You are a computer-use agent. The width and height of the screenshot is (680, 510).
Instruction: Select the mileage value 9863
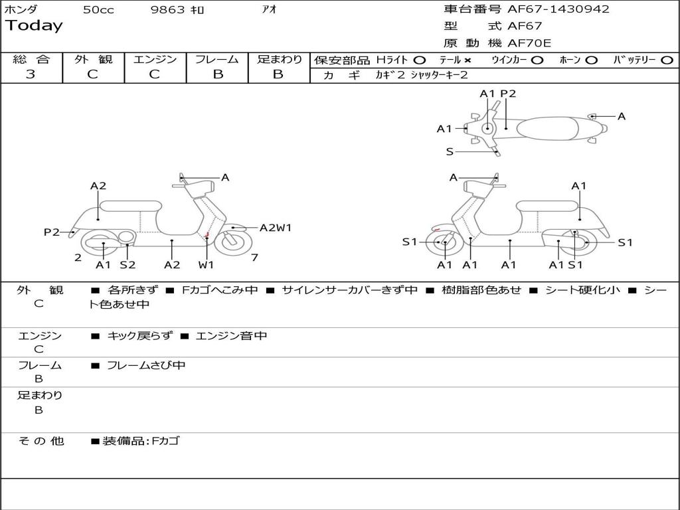click(x=169, y=10)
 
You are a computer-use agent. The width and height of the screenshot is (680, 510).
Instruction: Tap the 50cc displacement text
click(x=98, y=10)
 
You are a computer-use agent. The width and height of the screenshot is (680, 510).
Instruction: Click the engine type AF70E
click(x=529, y=43)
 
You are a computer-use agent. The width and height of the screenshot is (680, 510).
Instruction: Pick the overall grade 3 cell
click(x=31, y=74)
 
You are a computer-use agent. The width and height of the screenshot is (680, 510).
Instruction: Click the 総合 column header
click(x=31, y=59)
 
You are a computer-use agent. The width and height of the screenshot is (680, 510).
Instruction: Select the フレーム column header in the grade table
click(x=216, y=59)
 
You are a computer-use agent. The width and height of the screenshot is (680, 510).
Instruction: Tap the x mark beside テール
click(x=467, y=60)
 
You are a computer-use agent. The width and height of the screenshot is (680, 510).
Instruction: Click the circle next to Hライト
click(x=420, y=60)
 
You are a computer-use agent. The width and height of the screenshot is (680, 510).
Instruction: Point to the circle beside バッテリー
click(x=667, y=60)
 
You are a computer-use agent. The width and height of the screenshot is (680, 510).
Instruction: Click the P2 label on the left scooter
click(x=52, y=232)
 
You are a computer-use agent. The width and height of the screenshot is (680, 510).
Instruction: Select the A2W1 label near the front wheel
click(x=275, y=228)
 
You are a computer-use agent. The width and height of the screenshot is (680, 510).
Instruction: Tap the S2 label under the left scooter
click(x=127, y=265)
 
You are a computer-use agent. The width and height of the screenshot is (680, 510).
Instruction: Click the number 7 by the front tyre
click(x=255, y=258)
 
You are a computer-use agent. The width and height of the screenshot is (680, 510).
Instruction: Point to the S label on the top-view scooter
click(x=450, y=151)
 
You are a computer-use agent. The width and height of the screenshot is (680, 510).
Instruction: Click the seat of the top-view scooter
click(x=548, y=128)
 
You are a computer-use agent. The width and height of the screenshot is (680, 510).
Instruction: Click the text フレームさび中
click(x=146, y=365)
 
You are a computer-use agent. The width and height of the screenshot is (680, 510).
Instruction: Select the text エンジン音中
click(x=231, y=336)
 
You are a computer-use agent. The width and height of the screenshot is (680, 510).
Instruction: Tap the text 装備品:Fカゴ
click(x=141, y=441)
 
